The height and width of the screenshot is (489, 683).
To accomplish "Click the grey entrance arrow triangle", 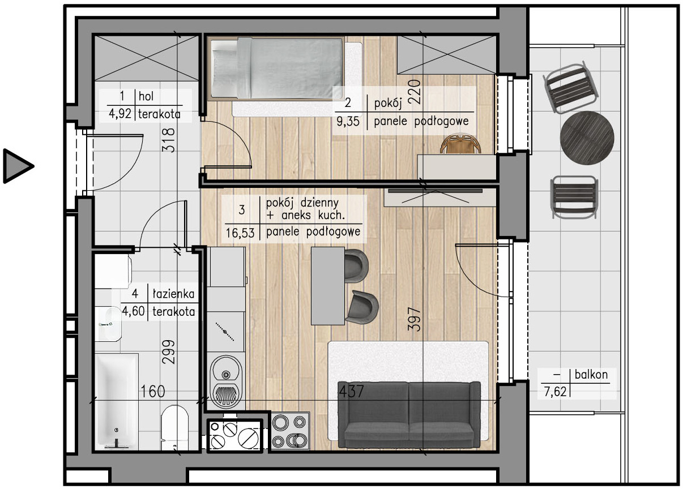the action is tap(17, 166).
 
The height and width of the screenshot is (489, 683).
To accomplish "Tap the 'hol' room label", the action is tap(146, 96).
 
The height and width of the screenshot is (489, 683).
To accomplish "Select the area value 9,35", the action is tap(348, 122).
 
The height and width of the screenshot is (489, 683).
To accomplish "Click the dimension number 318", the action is tap(169, 140).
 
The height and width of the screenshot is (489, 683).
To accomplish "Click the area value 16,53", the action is tap(240, 233).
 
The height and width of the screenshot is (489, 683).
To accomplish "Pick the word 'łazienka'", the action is tap(173, 293).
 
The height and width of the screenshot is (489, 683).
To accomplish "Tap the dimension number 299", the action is tap(169, 352).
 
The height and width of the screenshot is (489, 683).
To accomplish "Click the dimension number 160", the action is tap(153, 392).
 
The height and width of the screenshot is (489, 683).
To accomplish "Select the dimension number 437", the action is tap(352, 392).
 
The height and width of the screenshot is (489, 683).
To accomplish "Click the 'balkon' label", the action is tap(591, 374).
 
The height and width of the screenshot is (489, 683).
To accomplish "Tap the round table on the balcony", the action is tap(587, 138).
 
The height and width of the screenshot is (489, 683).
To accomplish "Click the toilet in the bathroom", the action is tap(174, 427).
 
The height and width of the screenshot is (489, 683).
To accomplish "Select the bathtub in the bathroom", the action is tap(117, 402).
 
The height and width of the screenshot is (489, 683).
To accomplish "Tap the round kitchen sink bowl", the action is tap(226, 370).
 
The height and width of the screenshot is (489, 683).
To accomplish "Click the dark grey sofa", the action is tap(409, 414).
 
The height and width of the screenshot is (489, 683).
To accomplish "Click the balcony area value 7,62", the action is tap(555, 392).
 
